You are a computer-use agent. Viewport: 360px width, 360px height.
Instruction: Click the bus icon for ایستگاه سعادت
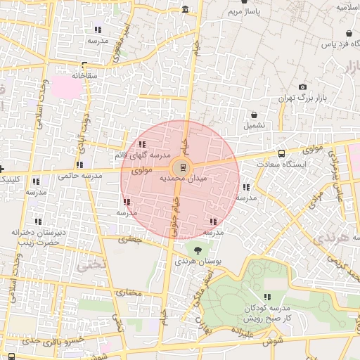[282, 153]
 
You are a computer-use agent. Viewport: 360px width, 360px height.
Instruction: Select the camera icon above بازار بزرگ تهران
[302, 87]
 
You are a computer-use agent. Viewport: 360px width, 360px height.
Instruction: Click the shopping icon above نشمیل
[254, 115]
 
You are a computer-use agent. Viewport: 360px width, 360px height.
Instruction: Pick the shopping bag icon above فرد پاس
[349, 33]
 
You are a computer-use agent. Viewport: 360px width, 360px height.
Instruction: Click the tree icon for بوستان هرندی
[197, 249]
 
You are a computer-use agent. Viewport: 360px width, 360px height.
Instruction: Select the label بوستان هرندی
[199, 261]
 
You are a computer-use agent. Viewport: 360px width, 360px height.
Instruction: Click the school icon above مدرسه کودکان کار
[267, 297]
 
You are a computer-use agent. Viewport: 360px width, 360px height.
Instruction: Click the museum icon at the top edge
[185, 9]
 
